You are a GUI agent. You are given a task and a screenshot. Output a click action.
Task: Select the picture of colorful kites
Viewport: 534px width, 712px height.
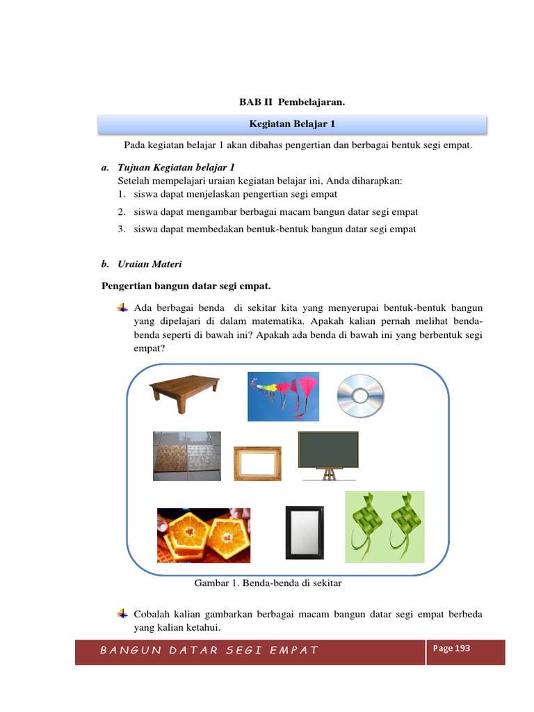coord(284,396)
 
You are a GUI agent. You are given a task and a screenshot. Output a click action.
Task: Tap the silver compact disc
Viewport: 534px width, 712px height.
coord(360,396)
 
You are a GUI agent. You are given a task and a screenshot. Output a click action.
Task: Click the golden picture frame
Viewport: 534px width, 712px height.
coord(257,463)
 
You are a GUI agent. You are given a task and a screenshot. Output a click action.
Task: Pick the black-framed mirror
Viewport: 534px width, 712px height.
coord(305,532)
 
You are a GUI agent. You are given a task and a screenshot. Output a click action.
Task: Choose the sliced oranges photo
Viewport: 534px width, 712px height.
coord(204,535)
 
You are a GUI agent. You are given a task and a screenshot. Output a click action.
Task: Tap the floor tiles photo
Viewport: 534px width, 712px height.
coord(187,456)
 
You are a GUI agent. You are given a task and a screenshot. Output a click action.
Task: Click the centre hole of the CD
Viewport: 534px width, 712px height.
coord(360,396)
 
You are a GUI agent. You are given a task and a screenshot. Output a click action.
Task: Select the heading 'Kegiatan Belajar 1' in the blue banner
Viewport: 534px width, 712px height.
coord(292,124)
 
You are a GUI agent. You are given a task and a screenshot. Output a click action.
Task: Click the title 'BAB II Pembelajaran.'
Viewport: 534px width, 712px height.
coord(292,102)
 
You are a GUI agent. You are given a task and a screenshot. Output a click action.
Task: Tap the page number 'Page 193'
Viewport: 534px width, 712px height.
coord(451,648)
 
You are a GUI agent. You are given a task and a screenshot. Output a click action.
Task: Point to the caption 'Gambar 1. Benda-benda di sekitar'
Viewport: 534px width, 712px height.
coord(265,583)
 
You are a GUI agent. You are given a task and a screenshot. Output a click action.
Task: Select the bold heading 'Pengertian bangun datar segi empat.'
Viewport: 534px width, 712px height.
coord(186,286)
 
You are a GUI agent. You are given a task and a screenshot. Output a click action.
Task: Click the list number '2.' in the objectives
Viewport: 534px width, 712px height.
coord(121,212)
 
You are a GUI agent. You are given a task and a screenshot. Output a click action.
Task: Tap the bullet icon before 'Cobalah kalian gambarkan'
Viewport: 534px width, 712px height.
coord(123,613)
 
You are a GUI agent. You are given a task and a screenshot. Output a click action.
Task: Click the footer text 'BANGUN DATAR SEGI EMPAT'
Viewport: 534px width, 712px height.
coord(209,651)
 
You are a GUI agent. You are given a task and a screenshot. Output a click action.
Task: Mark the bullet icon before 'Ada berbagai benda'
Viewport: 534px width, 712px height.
coord(123,307)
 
